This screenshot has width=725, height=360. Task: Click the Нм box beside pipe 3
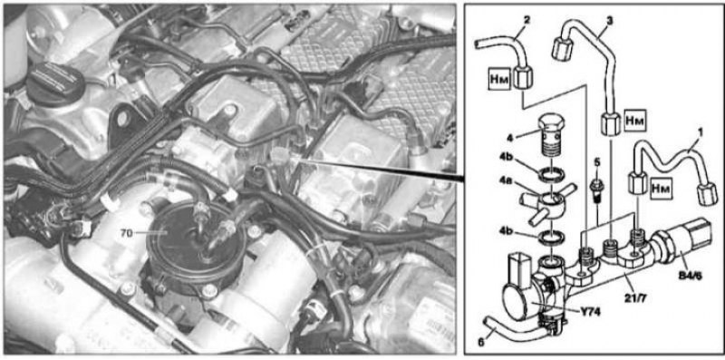[634, 120]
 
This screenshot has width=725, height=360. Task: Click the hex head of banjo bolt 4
[552, 124]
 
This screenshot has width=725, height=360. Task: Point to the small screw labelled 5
[597, 189]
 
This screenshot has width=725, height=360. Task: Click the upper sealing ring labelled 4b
[553, 174]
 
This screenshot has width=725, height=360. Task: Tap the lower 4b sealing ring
[551, 238]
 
